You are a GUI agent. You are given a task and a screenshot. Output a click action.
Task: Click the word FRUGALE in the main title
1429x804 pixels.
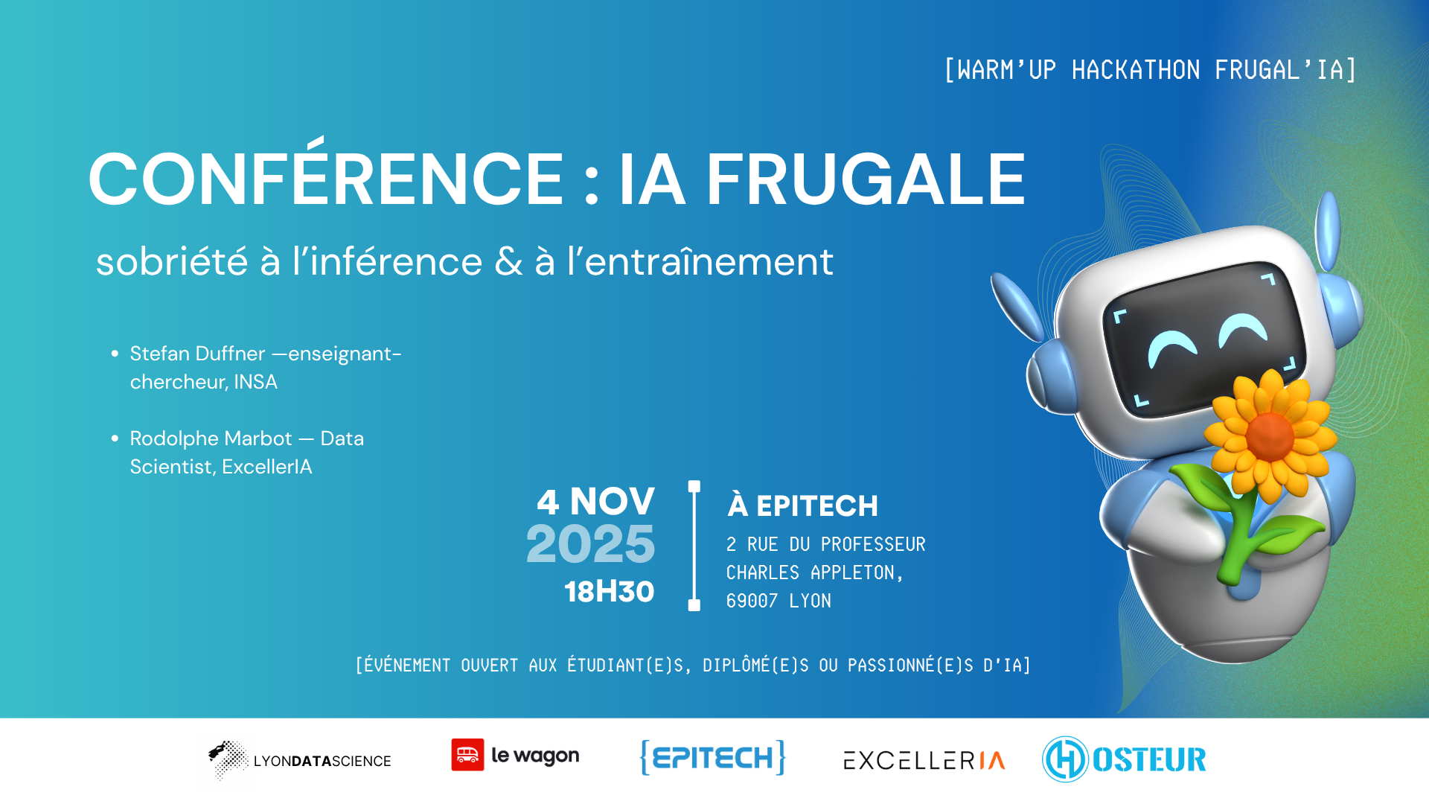866,179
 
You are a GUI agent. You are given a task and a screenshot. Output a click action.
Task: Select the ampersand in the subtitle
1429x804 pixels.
508,261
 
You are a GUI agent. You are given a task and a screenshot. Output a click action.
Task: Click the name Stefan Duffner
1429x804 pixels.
197,354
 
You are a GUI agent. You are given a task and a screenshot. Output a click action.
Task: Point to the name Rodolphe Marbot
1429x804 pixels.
211,438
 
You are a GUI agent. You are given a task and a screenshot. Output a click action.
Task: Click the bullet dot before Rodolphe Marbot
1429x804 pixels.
115,438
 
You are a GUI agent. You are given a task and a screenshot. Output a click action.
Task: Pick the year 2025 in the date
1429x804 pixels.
590,544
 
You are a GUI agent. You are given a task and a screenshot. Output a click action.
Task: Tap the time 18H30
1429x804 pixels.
610,592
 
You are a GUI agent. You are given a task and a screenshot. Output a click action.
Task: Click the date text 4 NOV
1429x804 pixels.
596,502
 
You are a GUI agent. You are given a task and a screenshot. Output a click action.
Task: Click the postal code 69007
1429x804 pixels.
752,601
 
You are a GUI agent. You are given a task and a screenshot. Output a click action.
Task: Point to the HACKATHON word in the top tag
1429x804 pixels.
1136,70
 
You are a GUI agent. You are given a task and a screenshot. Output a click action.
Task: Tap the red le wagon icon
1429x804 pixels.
467,755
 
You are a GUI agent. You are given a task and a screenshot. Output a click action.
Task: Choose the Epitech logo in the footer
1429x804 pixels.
713,758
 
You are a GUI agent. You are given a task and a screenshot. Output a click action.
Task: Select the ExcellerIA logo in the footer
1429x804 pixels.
924,760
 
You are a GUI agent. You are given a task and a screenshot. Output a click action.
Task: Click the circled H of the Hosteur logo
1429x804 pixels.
1066,759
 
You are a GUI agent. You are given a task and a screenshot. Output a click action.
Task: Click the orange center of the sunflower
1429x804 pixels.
1270,436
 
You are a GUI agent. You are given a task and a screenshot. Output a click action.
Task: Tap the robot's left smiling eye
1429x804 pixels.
1171,345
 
